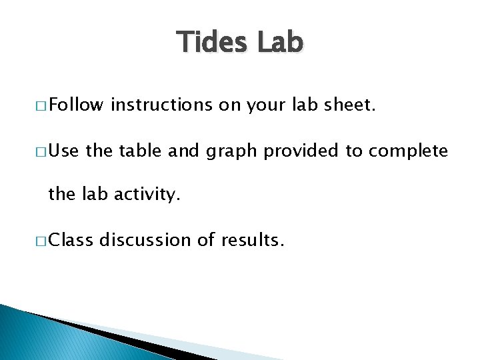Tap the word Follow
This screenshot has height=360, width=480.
coord(76,104)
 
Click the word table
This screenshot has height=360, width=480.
coord(135,151)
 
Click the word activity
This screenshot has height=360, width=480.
coord(145,195)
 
